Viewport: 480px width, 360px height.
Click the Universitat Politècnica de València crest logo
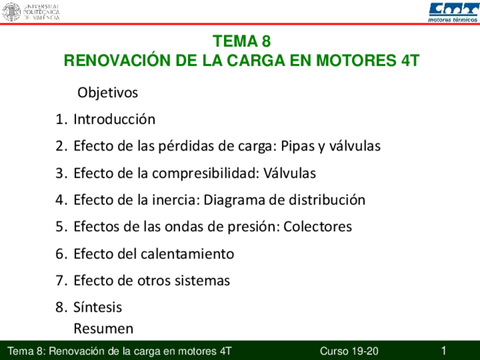pos(11,11)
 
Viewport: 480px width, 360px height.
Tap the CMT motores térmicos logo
pos(453,11)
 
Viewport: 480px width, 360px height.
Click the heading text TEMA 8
pos(242,41)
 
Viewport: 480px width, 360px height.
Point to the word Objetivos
pos(108,92)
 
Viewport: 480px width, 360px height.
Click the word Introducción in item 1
pos(114,119)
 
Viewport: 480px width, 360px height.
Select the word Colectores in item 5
pos(318,227)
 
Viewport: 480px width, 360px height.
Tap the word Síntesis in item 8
pos(98,307)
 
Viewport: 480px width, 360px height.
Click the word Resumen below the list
pos(104,328)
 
